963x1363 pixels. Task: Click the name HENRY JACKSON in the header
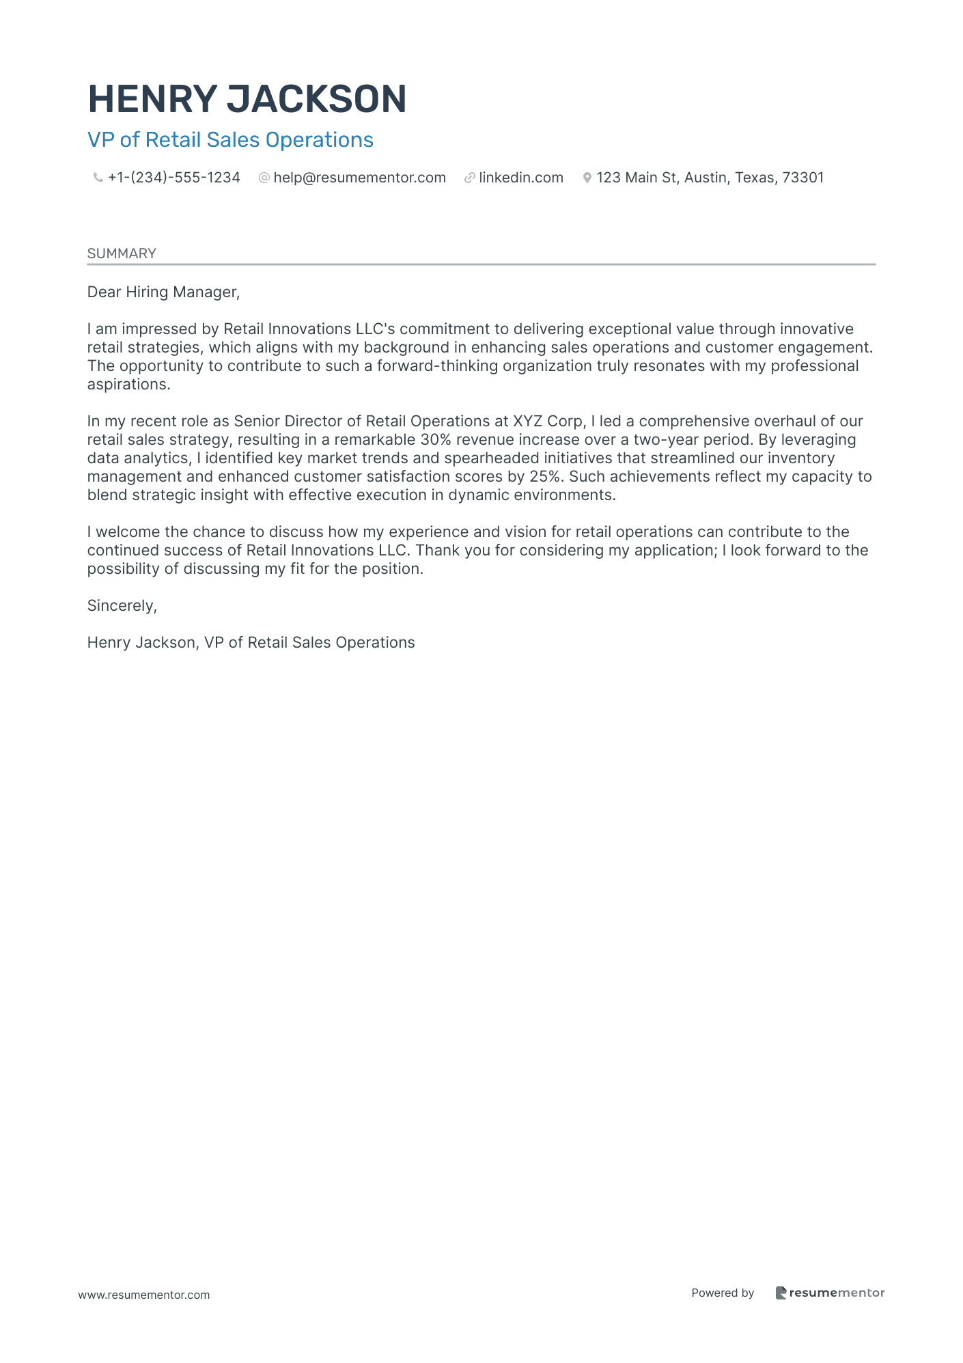(247, 99)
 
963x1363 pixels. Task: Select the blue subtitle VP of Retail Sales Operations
(230, 140)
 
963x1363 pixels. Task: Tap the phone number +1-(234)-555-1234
(174, 178)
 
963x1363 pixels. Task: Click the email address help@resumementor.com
(359, 178)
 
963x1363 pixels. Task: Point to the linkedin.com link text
(521, 178)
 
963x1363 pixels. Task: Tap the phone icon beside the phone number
(98, 178)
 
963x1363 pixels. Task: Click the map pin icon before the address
(587, 178)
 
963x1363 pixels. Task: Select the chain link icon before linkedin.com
(469, 178)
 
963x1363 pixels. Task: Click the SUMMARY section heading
(122, 253)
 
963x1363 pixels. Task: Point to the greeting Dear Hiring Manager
(163, 292)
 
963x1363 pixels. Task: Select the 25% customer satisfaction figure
(544, 477)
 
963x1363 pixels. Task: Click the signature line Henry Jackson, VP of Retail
(251, 643)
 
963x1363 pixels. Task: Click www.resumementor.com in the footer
(144, 1295)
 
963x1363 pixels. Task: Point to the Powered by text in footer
(723, 1293)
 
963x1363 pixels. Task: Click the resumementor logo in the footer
(830, 1293)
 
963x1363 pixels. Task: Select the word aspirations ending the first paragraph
(127, 385)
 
